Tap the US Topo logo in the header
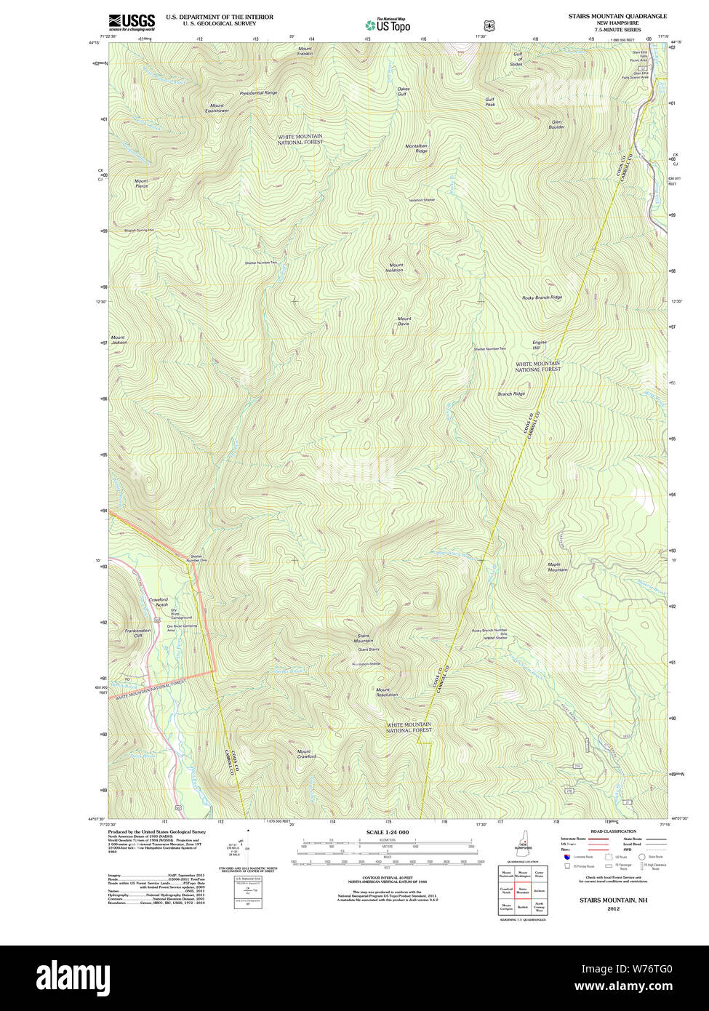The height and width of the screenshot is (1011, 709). pyautogui.click(x=388, y=25)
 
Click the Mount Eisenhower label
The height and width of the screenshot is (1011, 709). pyautogui.click(x=217, y=108)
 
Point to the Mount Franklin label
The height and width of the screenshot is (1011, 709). pyautogui.click(x=305, y=52)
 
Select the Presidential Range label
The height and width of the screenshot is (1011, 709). pyautogui.click(x=259, y=93)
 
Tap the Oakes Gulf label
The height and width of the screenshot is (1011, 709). pyautogui.click(x=403, y=92)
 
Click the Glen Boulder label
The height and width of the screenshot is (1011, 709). pyautogui.click(x=557, y=124)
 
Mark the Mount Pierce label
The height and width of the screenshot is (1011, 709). pyautogui.click(x=141, y=183)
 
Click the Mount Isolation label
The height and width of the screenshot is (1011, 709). pyautogui.click(x=395, y=268)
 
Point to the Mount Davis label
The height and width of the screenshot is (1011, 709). pyautogui.click(x=404, y=321)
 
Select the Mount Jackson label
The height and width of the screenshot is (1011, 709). pyautogui.click(x=118, y=340)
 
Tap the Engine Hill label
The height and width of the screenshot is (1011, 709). pyautogui.click(x=539, y=345)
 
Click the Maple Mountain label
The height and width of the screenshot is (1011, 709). pyautogui.click(x=558, y=567)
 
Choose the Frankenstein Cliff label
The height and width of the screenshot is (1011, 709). pyautogui.click(x=137, y=633)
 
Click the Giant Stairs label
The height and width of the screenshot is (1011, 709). pyautogui.click(x=364, y=650)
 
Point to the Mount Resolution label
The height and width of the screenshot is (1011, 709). pyautogui.click(x=386, y=692)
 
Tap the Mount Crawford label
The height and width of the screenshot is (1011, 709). pyautogui.click(x=305, y=754)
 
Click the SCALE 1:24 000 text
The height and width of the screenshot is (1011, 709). pyautogui.click(x=387, y=832)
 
